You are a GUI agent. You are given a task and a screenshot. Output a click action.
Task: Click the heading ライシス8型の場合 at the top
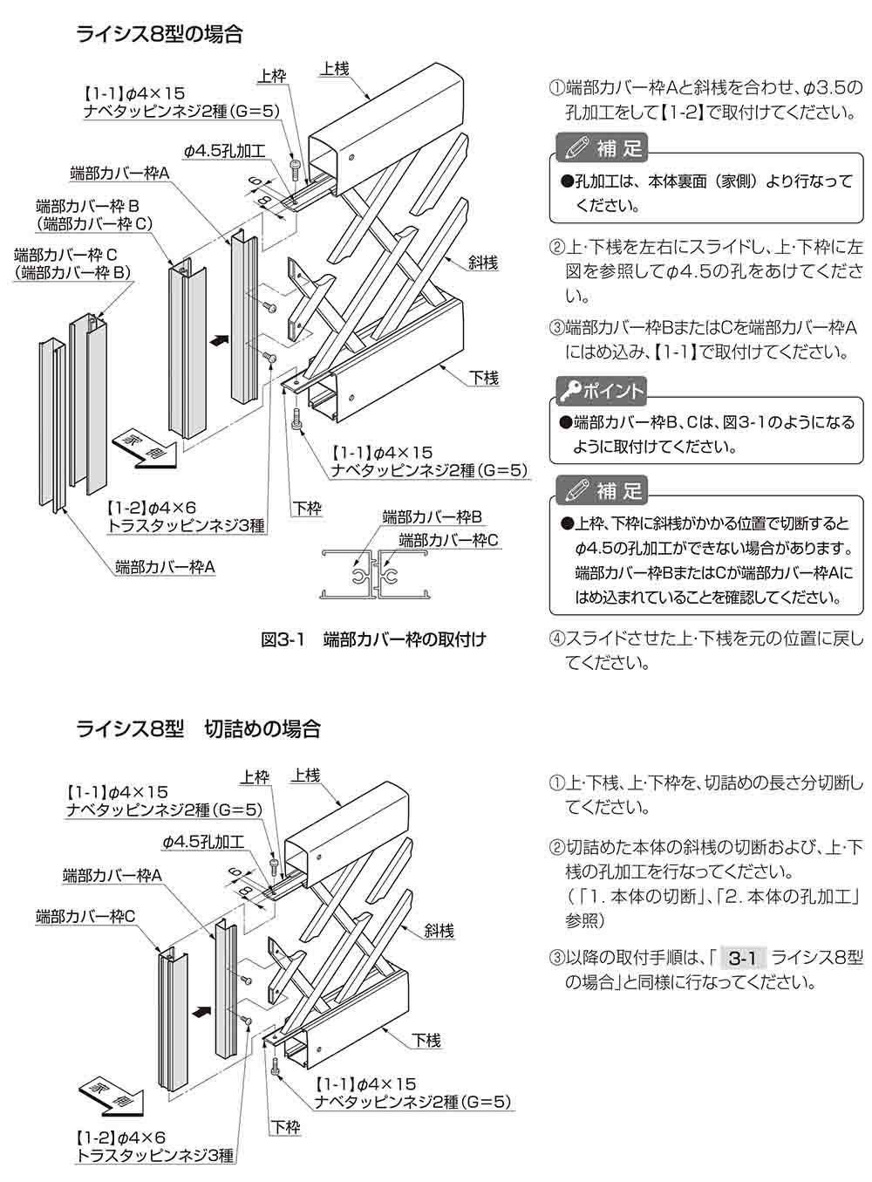tap(159, 34)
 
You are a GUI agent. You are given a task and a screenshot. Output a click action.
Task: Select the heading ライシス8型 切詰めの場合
tap(198, 728)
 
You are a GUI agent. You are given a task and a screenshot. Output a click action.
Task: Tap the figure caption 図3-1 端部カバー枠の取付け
tap(373, 639)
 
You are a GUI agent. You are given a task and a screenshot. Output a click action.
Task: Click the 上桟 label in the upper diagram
tap(336, 67)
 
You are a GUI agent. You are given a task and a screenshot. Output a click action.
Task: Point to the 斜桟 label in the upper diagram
tap(482, 262)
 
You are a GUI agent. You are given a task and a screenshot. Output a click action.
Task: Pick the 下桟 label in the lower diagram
tap(426, 1040)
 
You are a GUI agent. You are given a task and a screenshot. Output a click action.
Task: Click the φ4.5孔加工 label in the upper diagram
tap(224, 151)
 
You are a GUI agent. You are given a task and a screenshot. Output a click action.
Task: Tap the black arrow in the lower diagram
tap(201, 1013)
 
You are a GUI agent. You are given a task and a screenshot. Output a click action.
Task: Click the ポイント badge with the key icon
tap(602, 391)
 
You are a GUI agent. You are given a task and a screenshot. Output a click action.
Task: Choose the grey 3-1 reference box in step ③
tap(740, 958)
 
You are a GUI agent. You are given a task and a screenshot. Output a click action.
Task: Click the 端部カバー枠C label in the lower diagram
tap(85, 916)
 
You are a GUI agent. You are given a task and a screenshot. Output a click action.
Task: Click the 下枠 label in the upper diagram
tap(307, 508)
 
